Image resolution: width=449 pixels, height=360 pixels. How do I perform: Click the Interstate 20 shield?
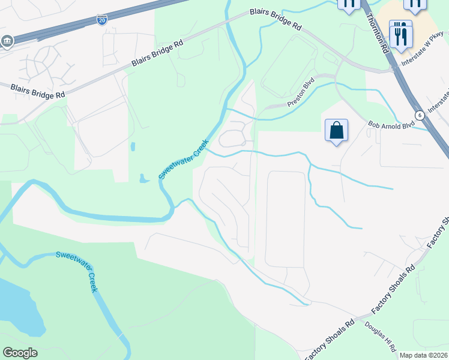pos(102,20)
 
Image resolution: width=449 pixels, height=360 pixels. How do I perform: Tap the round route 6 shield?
pos(420,115)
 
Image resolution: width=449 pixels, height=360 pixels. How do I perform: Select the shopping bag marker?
pos(336,131)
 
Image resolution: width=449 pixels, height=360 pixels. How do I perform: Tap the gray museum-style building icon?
pos(7,41)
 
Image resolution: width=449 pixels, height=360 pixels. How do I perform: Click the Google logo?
pos(20,353)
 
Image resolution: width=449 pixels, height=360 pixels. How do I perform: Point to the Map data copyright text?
pos(423,355)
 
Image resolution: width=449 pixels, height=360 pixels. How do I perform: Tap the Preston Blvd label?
pos(301,95)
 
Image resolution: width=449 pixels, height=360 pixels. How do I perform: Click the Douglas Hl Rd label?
pos(381,337)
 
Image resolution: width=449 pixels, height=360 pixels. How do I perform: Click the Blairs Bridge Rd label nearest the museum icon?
pos(38,91)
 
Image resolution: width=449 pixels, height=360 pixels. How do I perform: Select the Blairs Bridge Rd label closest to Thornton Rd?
pos(275,20)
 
